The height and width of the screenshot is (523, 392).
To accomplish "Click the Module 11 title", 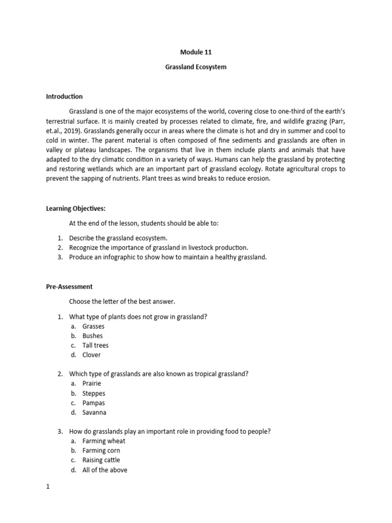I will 195,52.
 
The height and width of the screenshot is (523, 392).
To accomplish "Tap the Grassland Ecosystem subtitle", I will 195,67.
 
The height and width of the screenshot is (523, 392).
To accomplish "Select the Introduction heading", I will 64,97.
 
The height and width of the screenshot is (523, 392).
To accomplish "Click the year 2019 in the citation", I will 70,140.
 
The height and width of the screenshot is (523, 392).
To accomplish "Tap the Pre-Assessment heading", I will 69,287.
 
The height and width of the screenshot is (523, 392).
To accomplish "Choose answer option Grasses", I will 93,326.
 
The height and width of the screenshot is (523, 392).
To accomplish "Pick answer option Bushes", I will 92,336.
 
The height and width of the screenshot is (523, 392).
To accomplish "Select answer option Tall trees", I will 95,345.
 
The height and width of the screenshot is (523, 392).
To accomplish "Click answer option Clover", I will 91,355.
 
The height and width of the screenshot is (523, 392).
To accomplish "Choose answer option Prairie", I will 92,384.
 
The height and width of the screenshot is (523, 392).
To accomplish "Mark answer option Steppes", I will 94,393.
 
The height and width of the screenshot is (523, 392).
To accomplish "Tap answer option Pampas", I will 93,403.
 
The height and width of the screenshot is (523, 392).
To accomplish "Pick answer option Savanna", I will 94,413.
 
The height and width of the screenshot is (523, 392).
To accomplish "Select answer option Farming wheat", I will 104,441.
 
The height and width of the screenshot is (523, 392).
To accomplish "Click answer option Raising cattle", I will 101,460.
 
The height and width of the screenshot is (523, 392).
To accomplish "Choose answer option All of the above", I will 105,470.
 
